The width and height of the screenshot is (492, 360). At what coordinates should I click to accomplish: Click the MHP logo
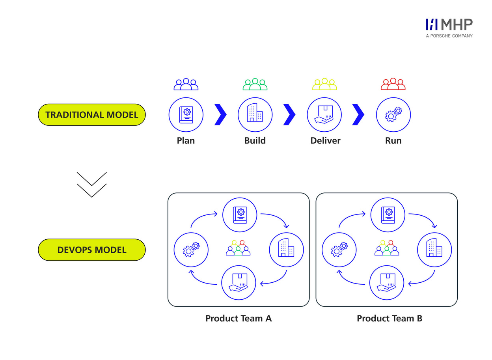point(449,27)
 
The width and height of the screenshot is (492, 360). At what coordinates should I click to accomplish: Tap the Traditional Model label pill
point(91,115)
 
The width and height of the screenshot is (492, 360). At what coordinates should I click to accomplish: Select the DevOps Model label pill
point(91,250)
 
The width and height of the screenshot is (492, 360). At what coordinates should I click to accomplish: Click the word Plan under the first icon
point(186,140)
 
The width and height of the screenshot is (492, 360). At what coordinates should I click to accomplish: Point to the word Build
point(255,140)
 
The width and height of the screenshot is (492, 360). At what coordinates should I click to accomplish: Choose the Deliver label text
point(325,140)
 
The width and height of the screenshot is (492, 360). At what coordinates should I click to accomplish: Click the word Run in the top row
point(393,140)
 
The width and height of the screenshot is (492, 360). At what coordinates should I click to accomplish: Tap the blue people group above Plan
point(186,84)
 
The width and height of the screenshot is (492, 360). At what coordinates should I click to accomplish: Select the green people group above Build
point(255,84)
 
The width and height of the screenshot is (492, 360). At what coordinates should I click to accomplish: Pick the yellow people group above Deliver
point(324,84)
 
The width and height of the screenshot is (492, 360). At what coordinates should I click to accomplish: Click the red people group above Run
point(393,84)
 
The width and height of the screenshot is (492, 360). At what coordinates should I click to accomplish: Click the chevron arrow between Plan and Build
point(221,115)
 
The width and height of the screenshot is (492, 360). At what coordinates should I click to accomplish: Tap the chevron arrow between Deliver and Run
point(358,115)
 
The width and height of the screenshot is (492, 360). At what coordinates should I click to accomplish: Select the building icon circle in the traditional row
point(255,115)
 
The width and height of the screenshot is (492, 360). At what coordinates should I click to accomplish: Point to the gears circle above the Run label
point(393,115)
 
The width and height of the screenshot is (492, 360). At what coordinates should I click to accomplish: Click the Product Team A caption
point(239,318)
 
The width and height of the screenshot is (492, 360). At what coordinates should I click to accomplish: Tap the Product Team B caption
point(389,318)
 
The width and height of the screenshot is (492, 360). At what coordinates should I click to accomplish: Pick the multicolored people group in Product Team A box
point(238,248)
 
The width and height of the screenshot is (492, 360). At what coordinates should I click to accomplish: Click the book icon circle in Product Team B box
point(388,215)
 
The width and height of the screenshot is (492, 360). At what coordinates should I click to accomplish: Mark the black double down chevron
point(91,184)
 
